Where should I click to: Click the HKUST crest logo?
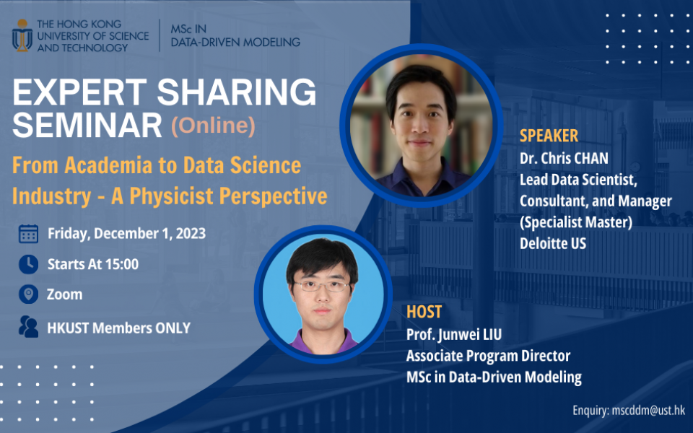click(x=22, y=35)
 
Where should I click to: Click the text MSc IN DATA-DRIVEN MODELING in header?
click(x=235, y=35)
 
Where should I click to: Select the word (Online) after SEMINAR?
click(x=213, y=126)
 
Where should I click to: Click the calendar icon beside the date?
click(x=28, y=233)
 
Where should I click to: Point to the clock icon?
click(x=28, y=264)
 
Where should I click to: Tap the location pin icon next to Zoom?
click(x=28, y=294)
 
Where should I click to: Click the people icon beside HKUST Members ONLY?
click(x=28, y=327)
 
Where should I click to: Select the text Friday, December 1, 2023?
click(x=126, y=233)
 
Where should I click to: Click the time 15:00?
click(x=123, y=264)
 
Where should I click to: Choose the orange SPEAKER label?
click(x=549, y=136)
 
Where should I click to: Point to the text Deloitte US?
click(x=553, y=244)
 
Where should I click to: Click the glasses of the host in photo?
click(x=322, y=286)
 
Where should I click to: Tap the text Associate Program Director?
click(x=488, y=356)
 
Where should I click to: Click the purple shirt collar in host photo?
click(x=322, y=335)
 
